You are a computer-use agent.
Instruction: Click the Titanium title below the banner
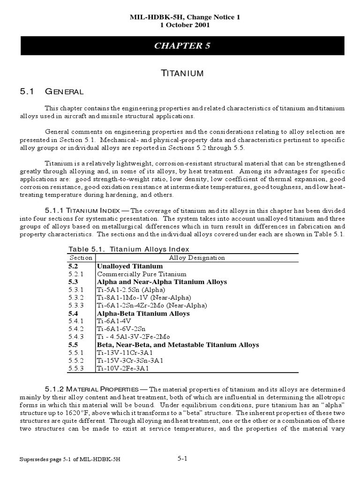180,73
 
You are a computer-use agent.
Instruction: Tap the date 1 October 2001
180,25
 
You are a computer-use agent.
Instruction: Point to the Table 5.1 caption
129,249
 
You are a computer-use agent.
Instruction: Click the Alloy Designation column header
197,258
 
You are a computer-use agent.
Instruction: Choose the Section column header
81,258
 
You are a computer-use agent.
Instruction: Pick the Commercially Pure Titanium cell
142,274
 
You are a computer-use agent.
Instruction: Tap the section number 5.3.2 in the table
75,298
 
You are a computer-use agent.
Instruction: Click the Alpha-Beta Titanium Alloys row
143,313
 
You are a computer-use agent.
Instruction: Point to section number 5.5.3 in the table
75,369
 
